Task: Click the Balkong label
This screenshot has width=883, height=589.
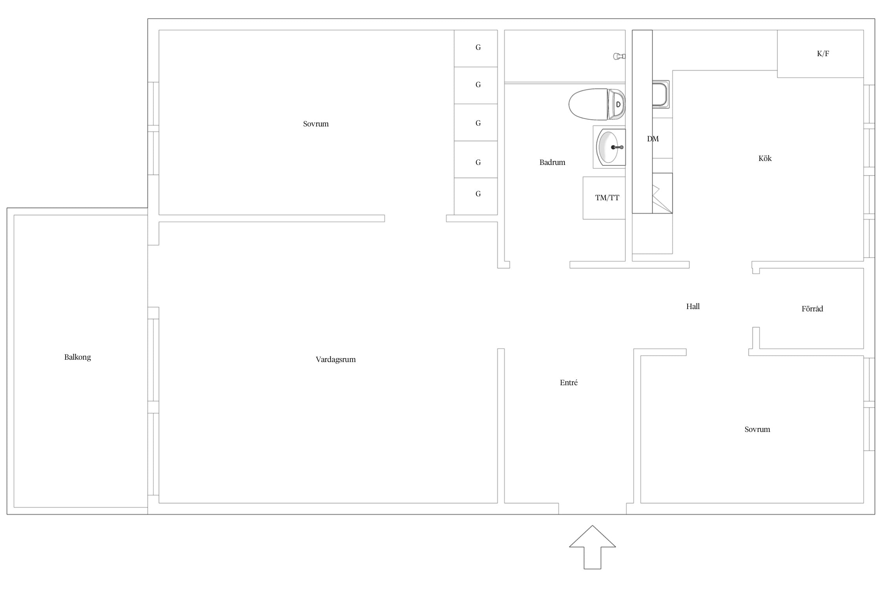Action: coord(77,357)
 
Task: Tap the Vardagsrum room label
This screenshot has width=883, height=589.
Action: coord(336,359)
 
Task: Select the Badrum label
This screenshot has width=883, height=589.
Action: coord(552,162)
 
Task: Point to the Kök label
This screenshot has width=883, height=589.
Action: coord(765,158)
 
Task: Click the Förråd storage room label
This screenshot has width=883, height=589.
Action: coord(812,309)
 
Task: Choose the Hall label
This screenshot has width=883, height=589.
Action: coord(693,306)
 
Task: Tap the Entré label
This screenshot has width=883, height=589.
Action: coord(569,382)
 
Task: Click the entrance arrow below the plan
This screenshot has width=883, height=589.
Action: coord(592,547)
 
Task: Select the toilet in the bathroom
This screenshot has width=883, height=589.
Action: coord(597,104)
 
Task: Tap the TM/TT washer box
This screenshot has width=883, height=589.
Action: coord(604,198)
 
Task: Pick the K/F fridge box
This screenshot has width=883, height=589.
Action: coord(820,54)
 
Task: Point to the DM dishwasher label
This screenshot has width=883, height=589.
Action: coord(653,139)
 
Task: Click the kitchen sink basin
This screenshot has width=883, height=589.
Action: coord(660,94)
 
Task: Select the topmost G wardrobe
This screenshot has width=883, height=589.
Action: coord(476,48)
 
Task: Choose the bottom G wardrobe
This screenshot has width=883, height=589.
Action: coord(476,196)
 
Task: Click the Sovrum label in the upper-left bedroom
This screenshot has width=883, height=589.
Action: coord(316,124)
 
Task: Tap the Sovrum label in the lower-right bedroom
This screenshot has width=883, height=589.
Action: coord(757,429)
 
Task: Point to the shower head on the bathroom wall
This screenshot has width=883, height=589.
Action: coord(619,57)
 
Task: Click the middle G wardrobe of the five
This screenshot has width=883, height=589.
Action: coord(476,123)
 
